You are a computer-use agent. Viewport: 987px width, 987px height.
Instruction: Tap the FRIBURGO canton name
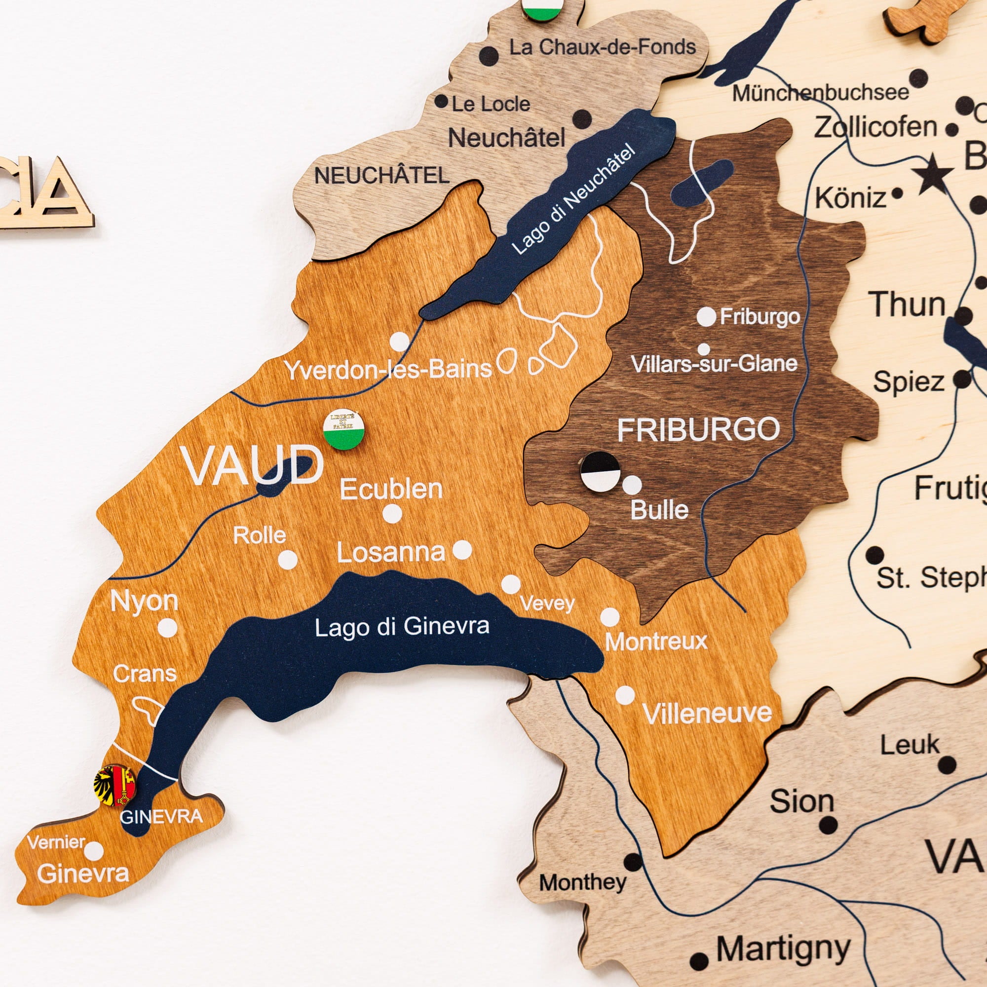click(698, 430)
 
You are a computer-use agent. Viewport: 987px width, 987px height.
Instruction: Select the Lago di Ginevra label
click(402, 626)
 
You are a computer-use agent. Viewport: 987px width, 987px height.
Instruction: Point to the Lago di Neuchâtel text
click(572, 200)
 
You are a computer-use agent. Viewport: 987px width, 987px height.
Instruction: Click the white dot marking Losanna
click(462, 550)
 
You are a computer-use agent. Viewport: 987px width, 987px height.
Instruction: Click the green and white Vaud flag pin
click(344, 429)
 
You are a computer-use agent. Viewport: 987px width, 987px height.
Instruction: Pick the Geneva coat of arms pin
click(115, 786)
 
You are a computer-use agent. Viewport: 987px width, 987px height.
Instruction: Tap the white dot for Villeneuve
click(625, 695)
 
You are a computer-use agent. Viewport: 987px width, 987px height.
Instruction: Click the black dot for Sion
click(828, 825)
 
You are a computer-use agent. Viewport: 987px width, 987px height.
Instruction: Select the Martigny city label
click(783, 949)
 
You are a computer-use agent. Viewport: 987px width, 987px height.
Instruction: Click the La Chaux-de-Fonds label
click(602, 47)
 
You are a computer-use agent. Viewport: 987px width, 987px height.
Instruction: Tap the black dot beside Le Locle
click(441, 101)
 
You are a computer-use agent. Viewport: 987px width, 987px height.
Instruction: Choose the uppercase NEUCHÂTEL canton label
click(381, 176)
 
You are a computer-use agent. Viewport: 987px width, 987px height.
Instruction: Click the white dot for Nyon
click(167, 628)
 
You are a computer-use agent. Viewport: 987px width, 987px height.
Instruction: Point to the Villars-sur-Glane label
click(714, 364)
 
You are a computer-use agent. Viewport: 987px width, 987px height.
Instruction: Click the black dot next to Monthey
click(633, 862)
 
